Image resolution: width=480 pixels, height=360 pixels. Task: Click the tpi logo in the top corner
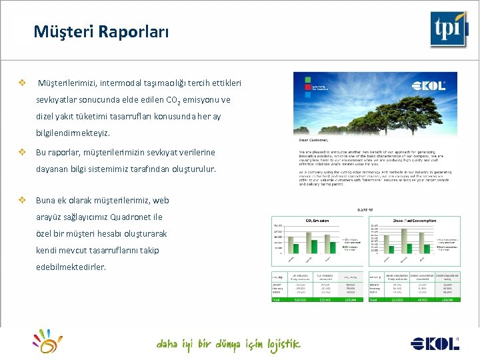click(448, 29)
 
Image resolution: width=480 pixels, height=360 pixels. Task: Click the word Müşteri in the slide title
click(58, 31)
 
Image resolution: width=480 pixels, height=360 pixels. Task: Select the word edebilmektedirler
click(71, 267)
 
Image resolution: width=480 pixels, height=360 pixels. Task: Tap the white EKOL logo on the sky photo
click(429, 86)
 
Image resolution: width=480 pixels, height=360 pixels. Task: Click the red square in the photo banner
click(308, 80)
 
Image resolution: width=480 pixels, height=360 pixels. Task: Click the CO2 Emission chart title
click(317, 220)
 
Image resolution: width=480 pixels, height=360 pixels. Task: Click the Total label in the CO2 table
click(276, 300)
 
